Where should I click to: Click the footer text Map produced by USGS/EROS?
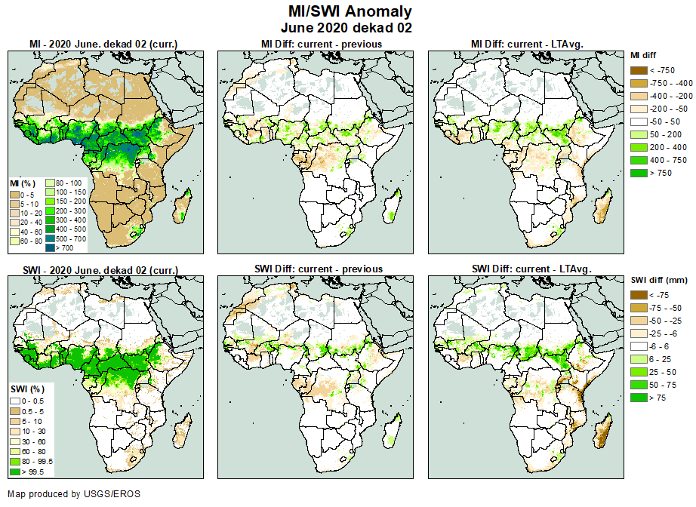[74, 494]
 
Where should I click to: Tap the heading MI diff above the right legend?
[645, 55]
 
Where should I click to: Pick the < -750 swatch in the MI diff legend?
[638, 70]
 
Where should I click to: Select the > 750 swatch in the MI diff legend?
[638, 173]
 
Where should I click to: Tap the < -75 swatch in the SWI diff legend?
[638, 295]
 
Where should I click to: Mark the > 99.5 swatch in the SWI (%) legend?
[15, 472]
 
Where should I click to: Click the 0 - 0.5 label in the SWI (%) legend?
[34, 400]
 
